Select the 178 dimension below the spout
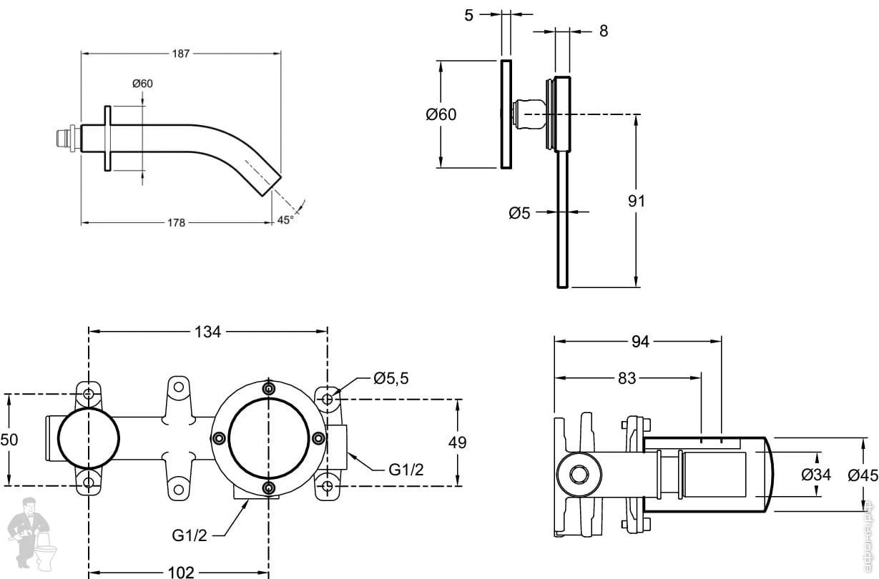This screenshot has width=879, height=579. (176, 222)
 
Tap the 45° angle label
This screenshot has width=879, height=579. (285, 220)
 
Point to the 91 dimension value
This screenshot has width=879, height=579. (636, 201)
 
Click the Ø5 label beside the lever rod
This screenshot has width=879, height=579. (519, 212)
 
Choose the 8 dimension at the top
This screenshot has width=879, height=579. (603, 31)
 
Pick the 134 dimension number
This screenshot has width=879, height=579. (208, 331)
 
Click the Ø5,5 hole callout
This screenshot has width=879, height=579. (391, 378)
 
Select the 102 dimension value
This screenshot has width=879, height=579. (180, 572)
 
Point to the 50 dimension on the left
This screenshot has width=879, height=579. (9, 440)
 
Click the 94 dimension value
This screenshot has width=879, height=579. (640, 342)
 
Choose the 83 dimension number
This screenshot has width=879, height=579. (627, 378)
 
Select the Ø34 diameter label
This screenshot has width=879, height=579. (816, 473)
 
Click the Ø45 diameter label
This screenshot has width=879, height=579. (862, 474)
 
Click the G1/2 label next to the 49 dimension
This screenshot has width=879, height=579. (406, 470)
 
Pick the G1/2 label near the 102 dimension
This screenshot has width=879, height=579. (190, 535)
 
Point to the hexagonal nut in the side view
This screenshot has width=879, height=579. (578, 473)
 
